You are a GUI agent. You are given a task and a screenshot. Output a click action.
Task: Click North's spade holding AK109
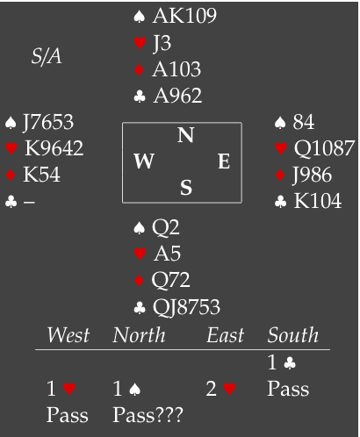coord(184,16)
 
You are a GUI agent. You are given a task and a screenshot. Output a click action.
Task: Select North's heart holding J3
coord(162,43)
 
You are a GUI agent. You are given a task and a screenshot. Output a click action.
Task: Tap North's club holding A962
coord(177,96)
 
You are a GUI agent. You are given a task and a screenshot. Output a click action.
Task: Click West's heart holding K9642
coord(54,148)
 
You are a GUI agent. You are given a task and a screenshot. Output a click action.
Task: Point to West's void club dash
coord(29,202)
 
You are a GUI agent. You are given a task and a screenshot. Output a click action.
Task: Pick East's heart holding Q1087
coord(324,148)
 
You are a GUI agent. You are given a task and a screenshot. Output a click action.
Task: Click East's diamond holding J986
coord(312,175)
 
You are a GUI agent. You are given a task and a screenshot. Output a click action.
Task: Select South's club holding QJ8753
coord(186,307)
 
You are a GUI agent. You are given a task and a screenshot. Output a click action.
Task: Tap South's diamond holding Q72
coord(170,280)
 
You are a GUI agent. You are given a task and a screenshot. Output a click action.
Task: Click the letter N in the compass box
coord(185,135)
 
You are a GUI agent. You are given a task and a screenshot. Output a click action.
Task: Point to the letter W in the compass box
coord(144,161)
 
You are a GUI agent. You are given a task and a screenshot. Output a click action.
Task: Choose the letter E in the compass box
coord(224,161)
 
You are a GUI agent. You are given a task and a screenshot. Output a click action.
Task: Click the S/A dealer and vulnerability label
coord(47,56)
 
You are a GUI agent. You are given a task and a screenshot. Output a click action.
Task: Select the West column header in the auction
coord(68,335)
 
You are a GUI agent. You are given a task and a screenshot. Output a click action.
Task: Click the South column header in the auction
coord(293,335)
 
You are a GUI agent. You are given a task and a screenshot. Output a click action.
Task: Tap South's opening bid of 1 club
coord(282,362)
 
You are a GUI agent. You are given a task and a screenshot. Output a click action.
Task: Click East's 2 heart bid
coord(220,390)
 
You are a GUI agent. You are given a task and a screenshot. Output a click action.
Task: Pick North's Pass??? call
coord(148,415)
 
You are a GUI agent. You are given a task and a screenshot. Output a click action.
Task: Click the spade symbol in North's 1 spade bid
coord(134,390)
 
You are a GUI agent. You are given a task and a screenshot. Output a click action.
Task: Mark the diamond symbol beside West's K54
coord(11,176)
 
